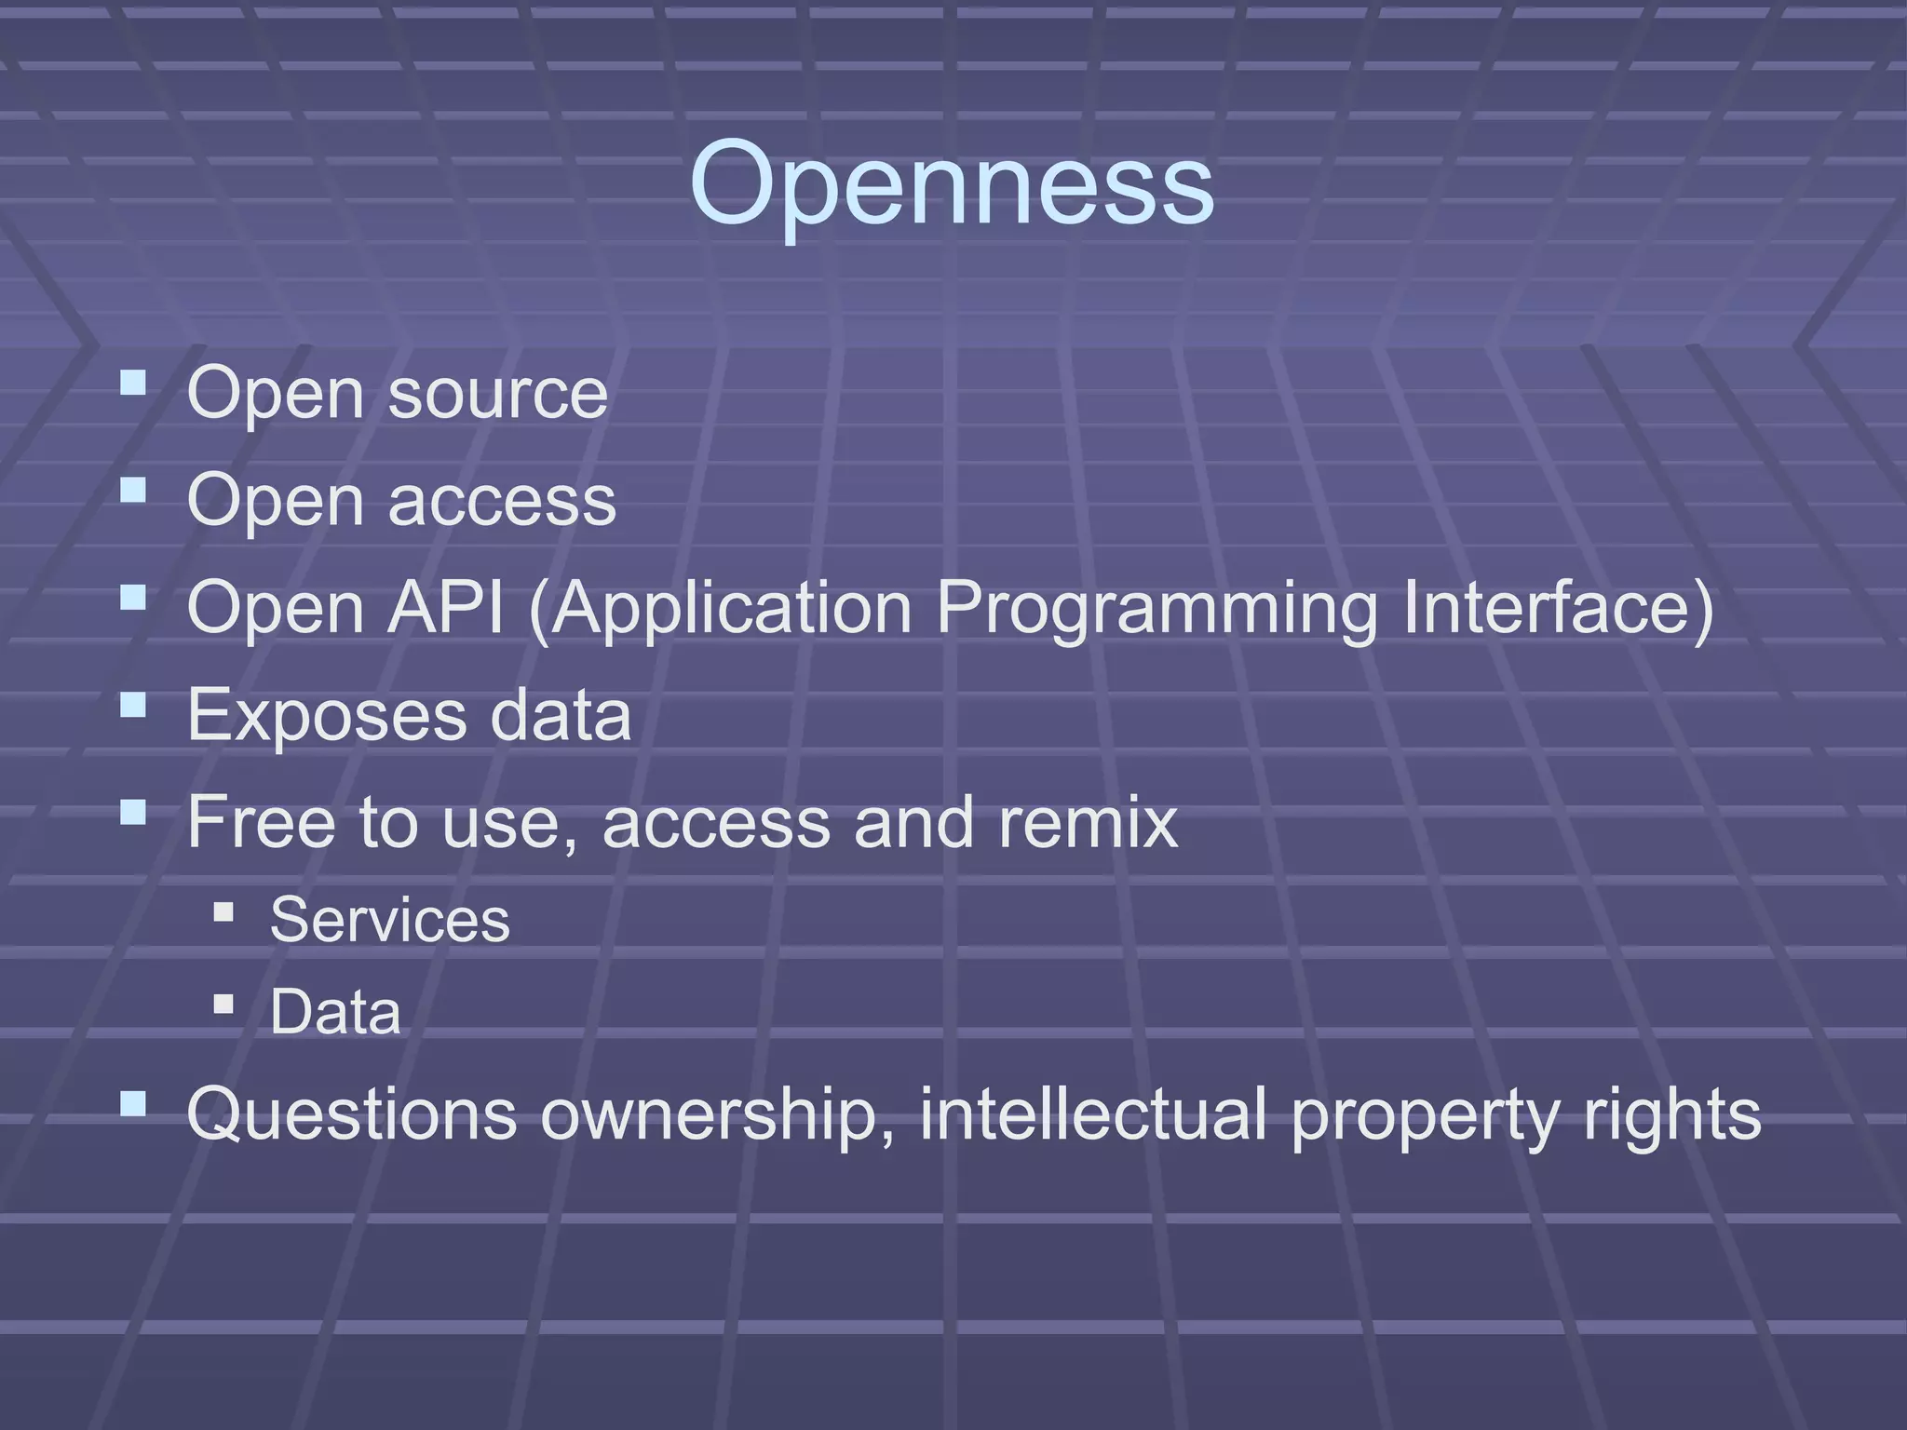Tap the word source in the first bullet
click(497, 395)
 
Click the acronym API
click(445, 608)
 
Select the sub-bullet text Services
click(390, 921)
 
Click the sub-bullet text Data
click(335, 1012)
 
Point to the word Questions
click(351, 1114)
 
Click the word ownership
click(717, 1116)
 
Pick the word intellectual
click(1093, 1114)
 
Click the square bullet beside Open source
click(133, 383)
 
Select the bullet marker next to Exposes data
click(133, 705)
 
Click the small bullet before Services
click(223, 911)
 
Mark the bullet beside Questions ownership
click(133, 1104)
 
